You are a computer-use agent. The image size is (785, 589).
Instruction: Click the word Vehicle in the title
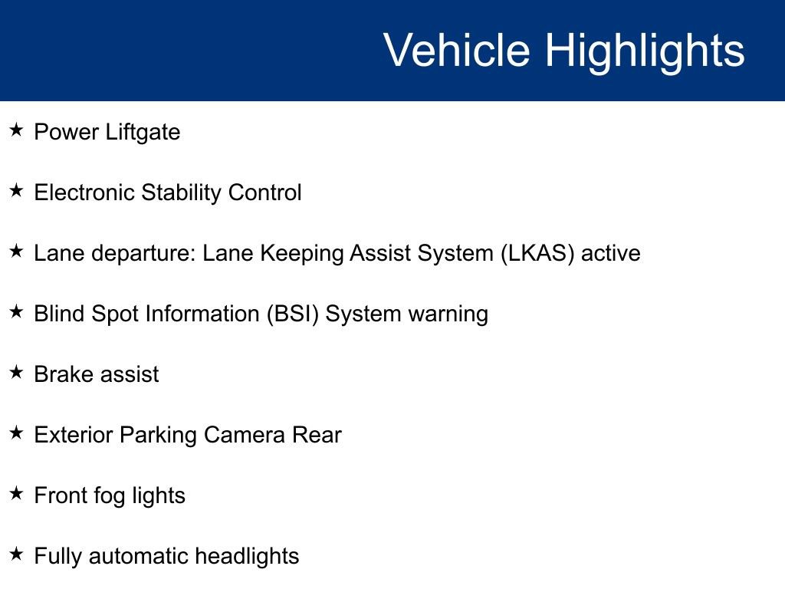(x=456, y=51)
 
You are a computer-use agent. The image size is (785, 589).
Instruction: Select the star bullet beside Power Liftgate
(x=17, y=130)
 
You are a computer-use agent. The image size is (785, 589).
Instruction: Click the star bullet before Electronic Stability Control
(x=17, y=191)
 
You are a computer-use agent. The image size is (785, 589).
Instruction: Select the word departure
(x=143, y=254)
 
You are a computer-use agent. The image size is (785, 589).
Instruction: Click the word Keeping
(x=303, y=254)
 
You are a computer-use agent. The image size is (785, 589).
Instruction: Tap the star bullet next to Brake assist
(x=17, y=373)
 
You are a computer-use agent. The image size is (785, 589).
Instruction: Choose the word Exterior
(x=74, y=435)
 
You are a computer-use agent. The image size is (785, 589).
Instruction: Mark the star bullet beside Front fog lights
(x=17, y=494)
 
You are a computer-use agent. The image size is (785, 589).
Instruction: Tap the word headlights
(x=247, y=556)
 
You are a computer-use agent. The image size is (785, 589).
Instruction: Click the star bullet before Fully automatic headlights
(x=17, y=554)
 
